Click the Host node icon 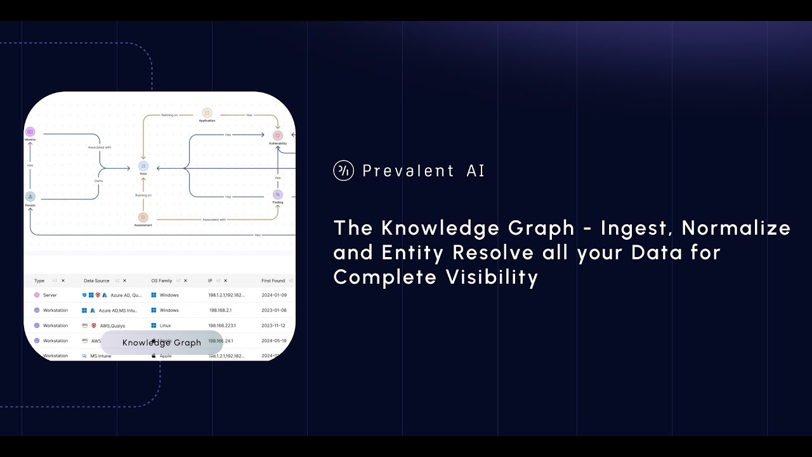pos(143,166)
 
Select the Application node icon pos(207,112)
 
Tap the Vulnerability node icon pos(277,136)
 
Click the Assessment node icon pos(143,218)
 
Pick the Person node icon pos(30,197)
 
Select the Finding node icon pos(277,194)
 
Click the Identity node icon pos(30,131)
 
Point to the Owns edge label pos(98,181)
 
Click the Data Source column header pos(96,281)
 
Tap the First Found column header pos(273,281)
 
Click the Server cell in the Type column pos(49,295)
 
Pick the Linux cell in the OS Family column pos(165,326)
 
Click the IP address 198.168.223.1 pos(222,326)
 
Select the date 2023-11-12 pos(273,326)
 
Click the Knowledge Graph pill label pos(161,343)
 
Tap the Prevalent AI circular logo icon pos(343,171)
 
